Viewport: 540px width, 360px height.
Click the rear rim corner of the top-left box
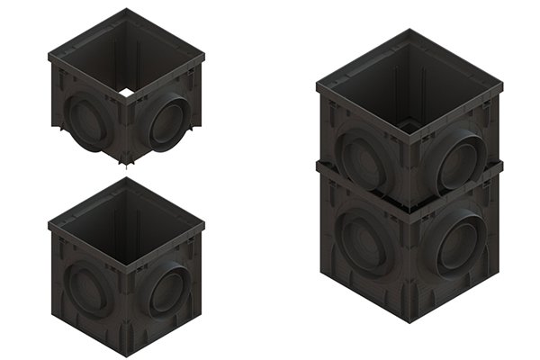click(126, 10)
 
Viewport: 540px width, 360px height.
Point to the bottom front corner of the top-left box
click(126, 164)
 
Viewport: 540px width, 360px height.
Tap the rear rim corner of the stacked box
click(409, 31)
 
